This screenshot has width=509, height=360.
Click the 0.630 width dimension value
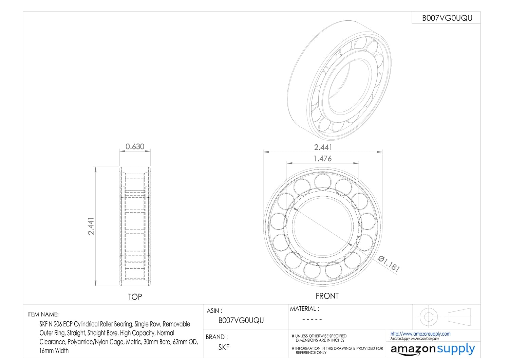pos(135,146)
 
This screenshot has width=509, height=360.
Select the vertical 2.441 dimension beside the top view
pos(91,226)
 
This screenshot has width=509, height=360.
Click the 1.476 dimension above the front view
pos(323,159)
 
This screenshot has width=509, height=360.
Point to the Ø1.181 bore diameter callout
pos(389,264)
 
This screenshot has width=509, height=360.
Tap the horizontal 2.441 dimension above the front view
pos(323,147)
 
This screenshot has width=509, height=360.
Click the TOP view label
pos(135,297)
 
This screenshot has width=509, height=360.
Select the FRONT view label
pos(327,296)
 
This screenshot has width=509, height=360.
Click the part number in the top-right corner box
pos(447,18)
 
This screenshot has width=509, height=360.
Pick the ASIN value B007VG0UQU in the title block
pos(241,320)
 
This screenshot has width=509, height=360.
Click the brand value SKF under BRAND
pos(224,347)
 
